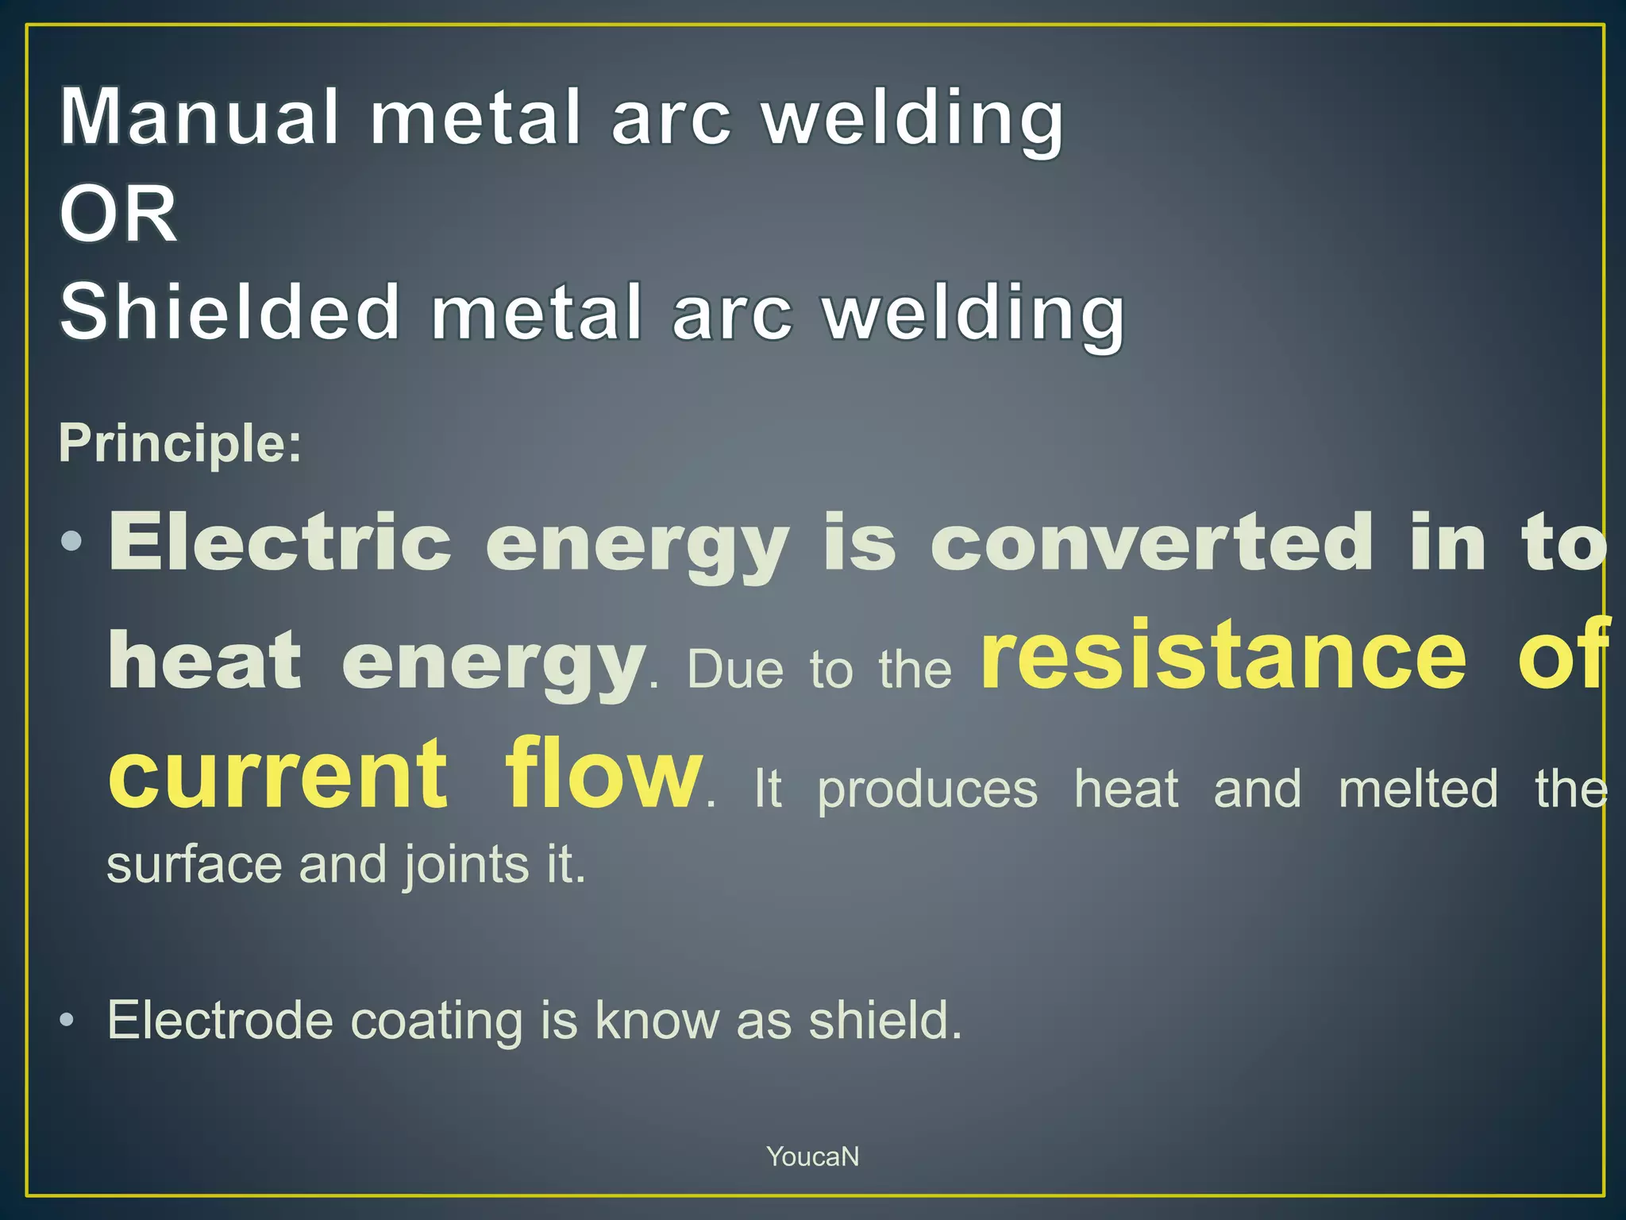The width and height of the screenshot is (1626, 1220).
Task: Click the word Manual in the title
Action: point(199,118)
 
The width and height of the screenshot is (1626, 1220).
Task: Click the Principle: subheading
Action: point(180,442)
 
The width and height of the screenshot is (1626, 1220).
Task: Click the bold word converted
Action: point(1151,542)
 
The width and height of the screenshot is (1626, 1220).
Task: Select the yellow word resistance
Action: point(1223,655)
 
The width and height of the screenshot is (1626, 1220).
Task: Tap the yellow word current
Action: point(278,773)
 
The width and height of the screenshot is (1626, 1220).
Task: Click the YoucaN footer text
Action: point(812,1156)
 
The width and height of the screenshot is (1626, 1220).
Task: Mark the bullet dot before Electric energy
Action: point(71,542)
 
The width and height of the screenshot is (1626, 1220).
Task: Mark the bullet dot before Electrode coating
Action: point(68,1020)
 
